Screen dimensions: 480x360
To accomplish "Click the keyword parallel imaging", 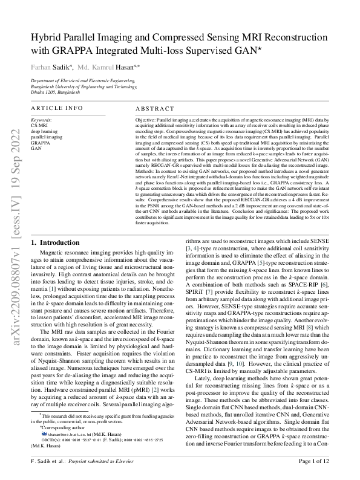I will [46, 137].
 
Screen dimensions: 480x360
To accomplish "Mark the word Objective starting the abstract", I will [142, 121].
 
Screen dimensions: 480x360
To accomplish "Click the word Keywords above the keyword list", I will [41, 120].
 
